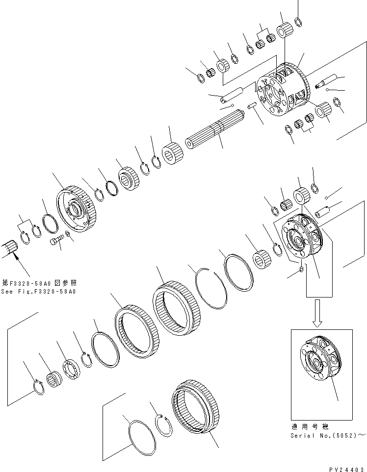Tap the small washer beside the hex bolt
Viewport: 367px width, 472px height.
coord(68,237)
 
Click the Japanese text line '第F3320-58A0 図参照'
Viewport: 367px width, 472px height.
coord(39,283)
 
